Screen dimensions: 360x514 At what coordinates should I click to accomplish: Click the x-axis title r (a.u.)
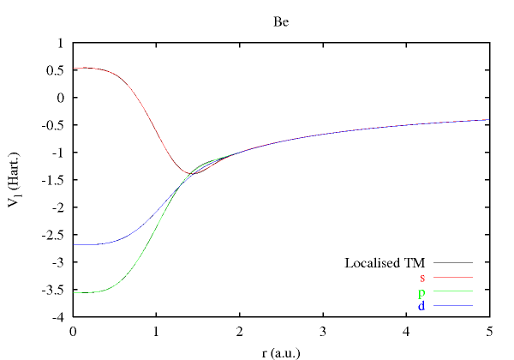pyautogui.click(x=282, y=350)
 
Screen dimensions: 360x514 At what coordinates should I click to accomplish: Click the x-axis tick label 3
pyautogui.click(x=322, y=331)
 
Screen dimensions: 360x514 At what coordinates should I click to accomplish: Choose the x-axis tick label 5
pyautogui.click(x=488, y=331)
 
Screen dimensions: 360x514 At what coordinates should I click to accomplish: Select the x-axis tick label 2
pyautogui.click(x=239, y=331)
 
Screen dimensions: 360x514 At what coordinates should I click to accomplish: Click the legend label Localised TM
pyautogui.click(x=385, y=262)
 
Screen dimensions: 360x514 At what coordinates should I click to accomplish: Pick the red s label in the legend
pyautogui.click(x=422, y=277)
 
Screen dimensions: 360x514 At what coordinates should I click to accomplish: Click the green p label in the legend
pyautogui.click(x=422, y=291)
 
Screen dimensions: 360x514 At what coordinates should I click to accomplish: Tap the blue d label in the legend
pyautogui.click(x=422, y=305)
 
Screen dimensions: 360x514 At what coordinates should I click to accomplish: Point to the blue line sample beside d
pyautogui.click(x=453, y=306)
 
